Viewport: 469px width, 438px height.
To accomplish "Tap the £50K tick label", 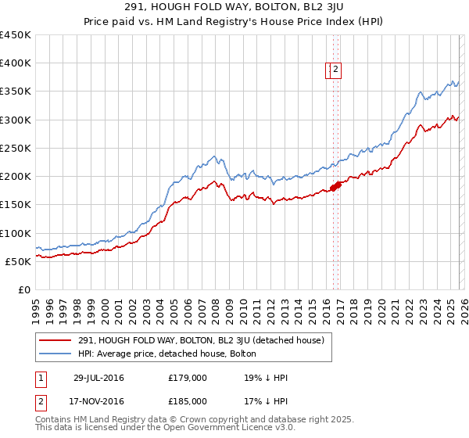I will click(x=19, y=261).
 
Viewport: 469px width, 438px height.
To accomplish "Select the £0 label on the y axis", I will click(x=24, y=289).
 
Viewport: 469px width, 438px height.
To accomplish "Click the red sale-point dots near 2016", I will click(x=335, y=186).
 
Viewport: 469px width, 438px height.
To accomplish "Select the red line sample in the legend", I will click(x=56, y=339).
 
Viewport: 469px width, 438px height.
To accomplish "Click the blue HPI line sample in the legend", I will click(x=56, y=354).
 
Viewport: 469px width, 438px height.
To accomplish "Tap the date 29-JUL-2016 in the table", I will click(x=98, y=379).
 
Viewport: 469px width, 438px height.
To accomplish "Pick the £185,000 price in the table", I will click(x=188, y=401).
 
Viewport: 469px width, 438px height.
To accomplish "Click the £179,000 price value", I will click(x=188, y=379).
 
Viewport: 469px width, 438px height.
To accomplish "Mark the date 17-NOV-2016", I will click(x=98, y=401).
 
